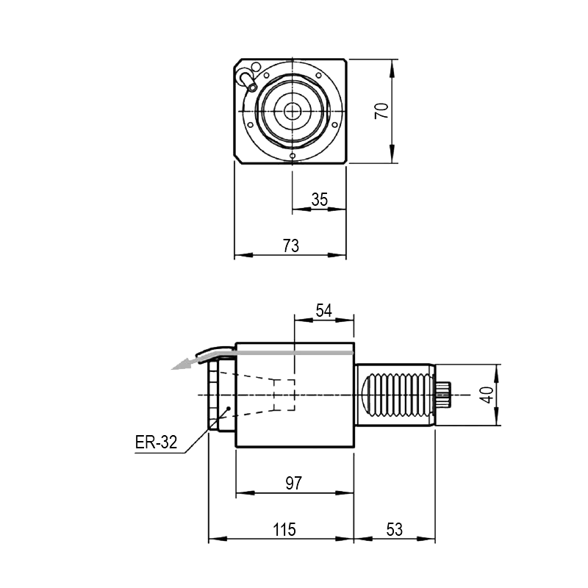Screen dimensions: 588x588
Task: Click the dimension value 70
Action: pos(381,111)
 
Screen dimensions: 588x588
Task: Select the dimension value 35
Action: pos(320,199)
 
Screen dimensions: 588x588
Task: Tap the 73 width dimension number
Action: pos(291,246)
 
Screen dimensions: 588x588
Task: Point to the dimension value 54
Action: pos(324,310)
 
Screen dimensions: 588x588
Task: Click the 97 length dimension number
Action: pos(293,483)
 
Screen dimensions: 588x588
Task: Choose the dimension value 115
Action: pos(284,529)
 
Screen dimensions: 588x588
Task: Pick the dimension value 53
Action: pos(395,529)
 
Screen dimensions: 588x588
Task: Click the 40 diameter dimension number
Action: pos(487,395)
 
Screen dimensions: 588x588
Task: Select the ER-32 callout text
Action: pos(156,443)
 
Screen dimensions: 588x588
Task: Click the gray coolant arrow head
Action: pos(180,364)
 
